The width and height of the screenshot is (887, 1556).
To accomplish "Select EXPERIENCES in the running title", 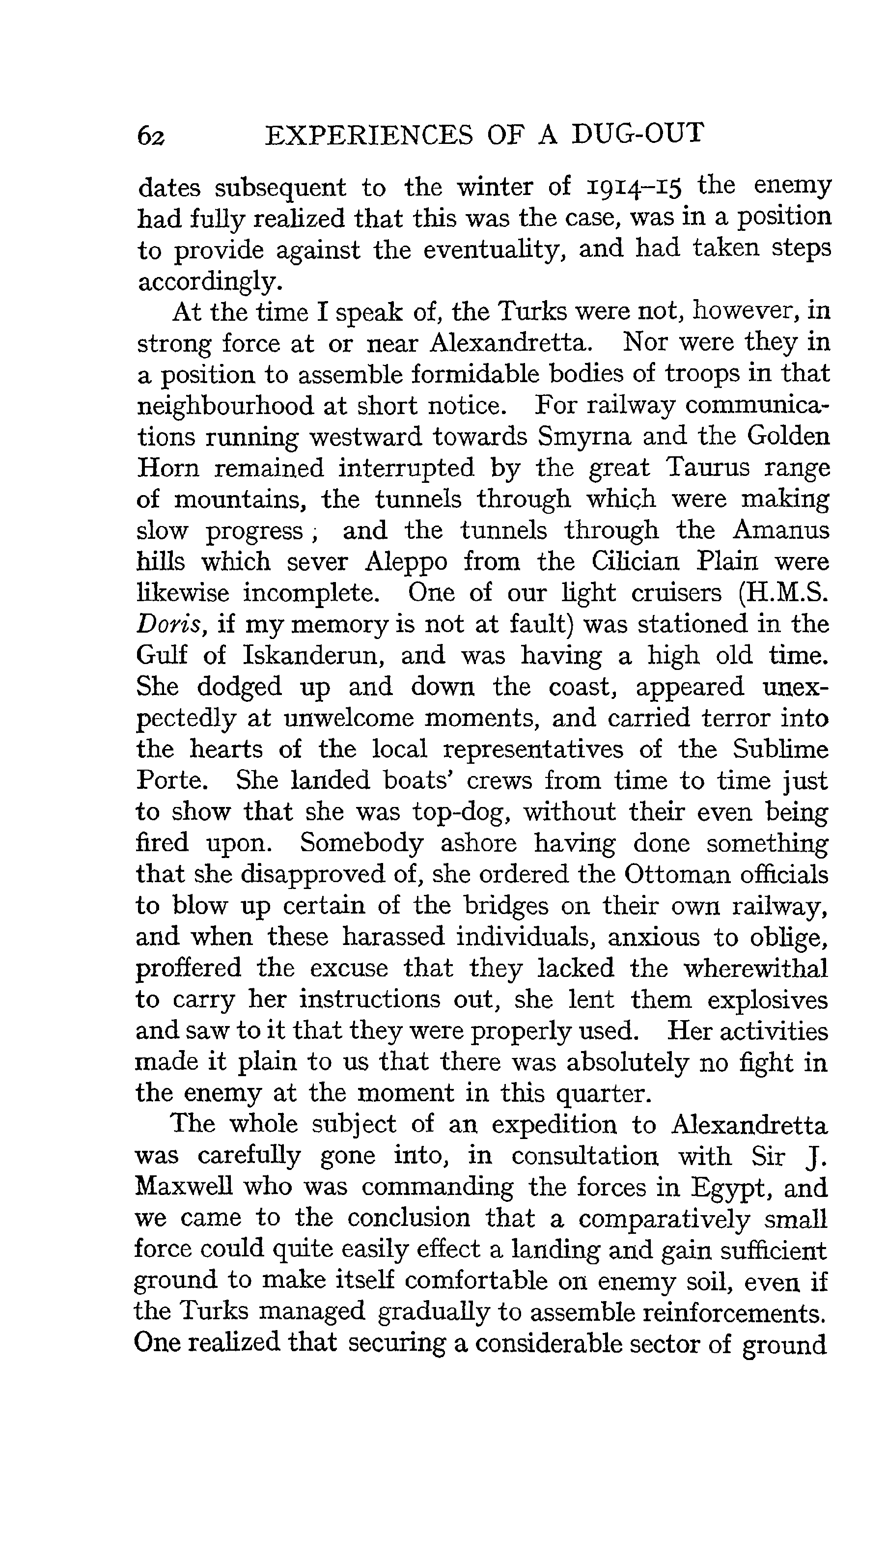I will (368, 135).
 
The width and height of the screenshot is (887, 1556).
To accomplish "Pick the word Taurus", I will (705, 468).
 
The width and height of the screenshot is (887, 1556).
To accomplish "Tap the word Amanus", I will (780, 530).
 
